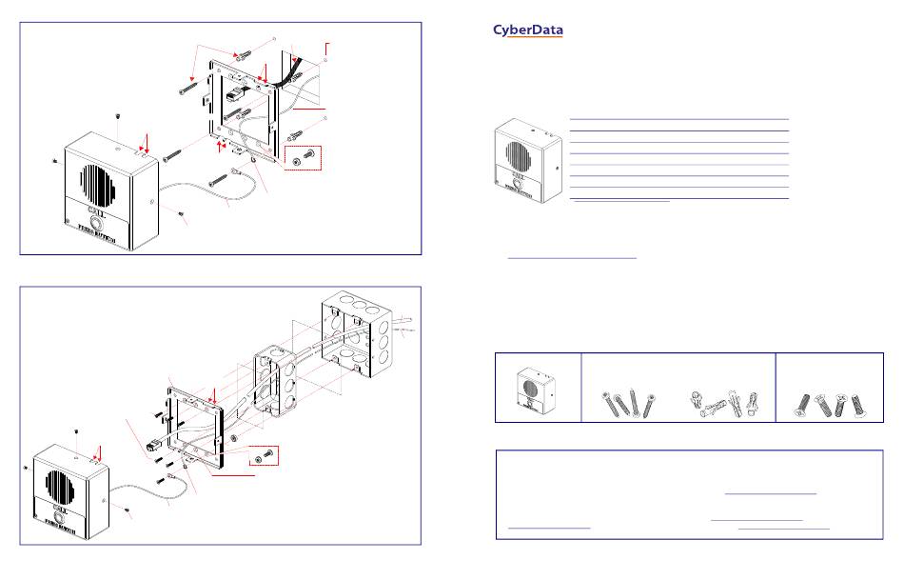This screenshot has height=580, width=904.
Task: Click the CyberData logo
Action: tap(528, 30)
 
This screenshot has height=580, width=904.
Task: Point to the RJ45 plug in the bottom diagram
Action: tap(153, 444)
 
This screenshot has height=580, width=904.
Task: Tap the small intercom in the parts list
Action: tap(535, 386)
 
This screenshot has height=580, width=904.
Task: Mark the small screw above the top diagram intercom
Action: tap(116, 117)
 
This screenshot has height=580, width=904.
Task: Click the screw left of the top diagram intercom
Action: tap(54, 159)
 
